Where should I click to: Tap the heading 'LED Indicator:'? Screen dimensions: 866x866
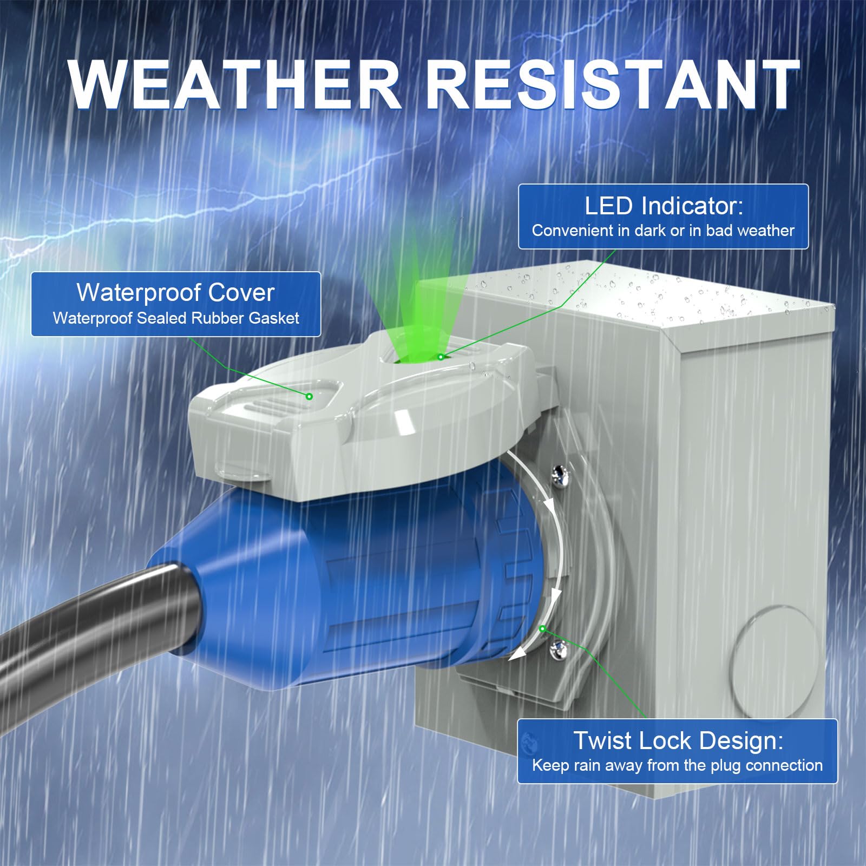pos(664,206)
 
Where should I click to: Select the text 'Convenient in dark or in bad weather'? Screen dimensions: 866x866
pos(663,231)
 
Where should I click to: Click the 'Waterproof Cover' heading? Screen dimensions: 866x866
pos(176,293)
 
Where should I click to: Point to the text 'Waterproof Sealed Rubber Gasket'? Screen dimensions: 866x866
pos(176,318)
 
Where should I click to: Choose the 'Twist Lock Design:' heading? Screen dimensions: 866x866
pos(678,740)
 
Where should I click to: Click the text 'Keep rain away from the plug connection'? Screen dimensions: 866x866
pos(677,765)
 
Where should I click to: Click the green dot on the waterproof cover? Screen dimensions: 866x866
pos(310,396)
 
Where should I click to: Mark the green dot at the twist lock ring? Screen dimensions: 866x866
pos(542,628)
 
